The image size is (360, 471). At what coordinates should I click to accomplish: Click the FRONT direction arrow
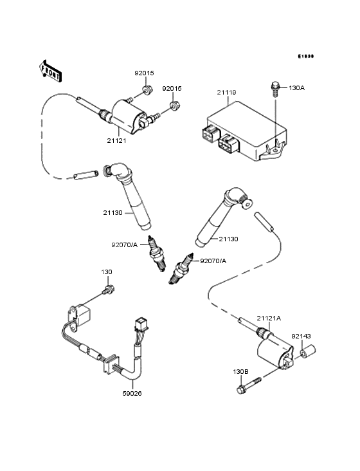click(x=50, y=71)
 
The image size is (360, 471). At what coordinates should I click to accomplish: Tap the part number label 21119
click(x=226, y=93)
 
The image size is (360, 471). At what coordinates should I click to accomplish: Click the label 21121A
click(x=269, y=319)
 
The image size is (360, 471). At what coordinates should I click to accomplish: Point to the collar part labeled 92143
click(x=307, y=352)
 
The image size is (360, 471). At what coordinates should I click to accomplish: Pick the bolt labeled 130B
click(x=249, y=385)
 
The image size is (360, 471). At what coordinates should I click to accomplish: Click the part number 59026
click(x=132, y=394)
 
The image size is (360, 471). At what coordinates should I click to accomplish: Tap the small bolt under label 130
click(x=108, y=290)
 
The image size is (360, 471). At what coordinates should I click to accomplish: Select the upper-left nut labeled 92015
click(x=147, y=90)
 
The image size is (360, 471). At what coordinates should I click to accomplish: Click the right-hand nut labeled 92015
click(x=174, y=106)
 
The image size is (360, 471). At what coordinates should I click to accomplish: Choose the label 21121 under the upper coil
click(x=117, y=140)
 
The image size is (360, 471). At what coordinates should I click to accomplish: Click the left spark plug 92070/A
click(x=157, y=254)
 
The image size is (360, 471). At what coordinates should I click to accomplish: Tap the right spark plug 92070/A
click(x=180, y=268)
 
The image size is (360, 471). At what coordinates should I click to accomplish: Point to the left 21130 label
click(x=113, y=213)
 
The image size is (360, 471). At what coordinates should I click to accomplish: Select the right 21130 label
click(x=229, y=239)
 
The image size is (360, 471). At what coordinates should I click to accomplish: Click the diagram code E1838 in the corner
click(x=306, y=56)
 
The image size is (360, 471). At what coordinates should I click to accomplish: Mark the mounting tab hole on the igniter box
click(x=275, y=150)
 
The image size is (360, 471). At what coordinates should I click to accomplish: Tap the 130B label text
click(x=240, y=372)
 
